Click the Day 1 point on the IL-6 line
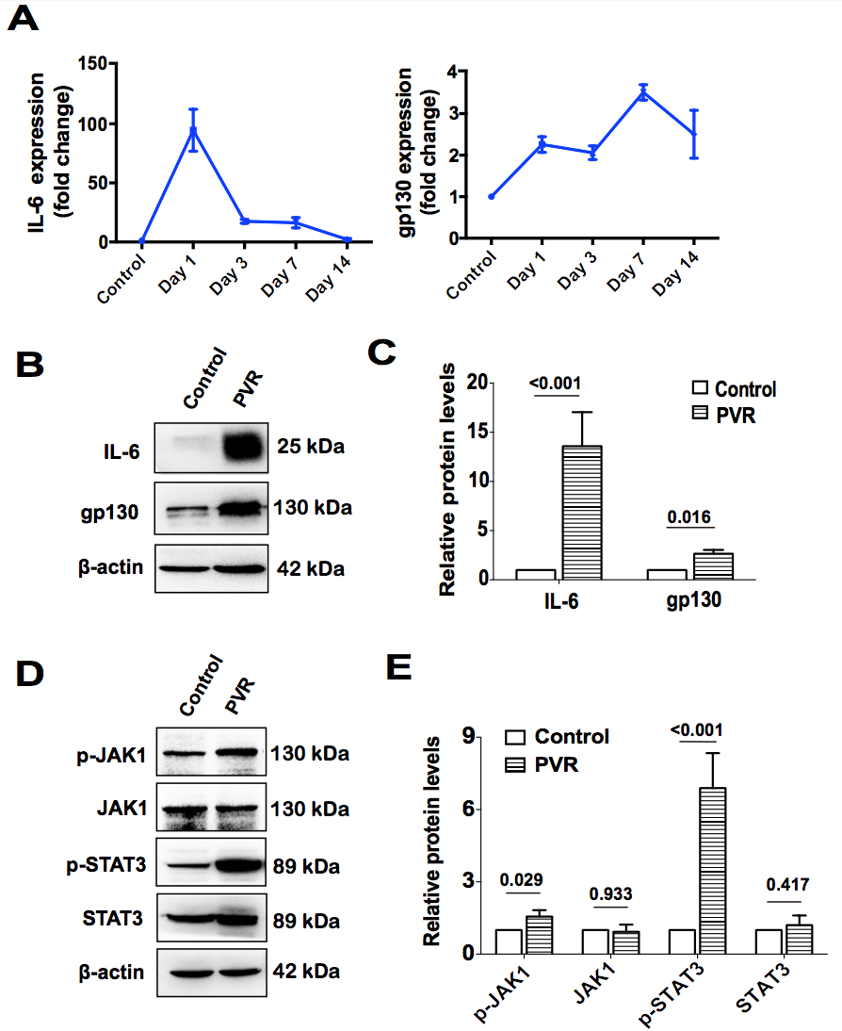pyautogui.click(x=193, y=130)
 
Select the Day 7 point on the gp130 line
pyautogui.click(x=643, y=92)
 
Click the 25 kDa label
pyautogui.click(x=313, y=447)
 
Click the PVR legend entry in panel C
pyautogui.click(x=734, y=416)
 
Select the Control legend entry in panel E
pyautogui.click(x=557, y=737)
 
